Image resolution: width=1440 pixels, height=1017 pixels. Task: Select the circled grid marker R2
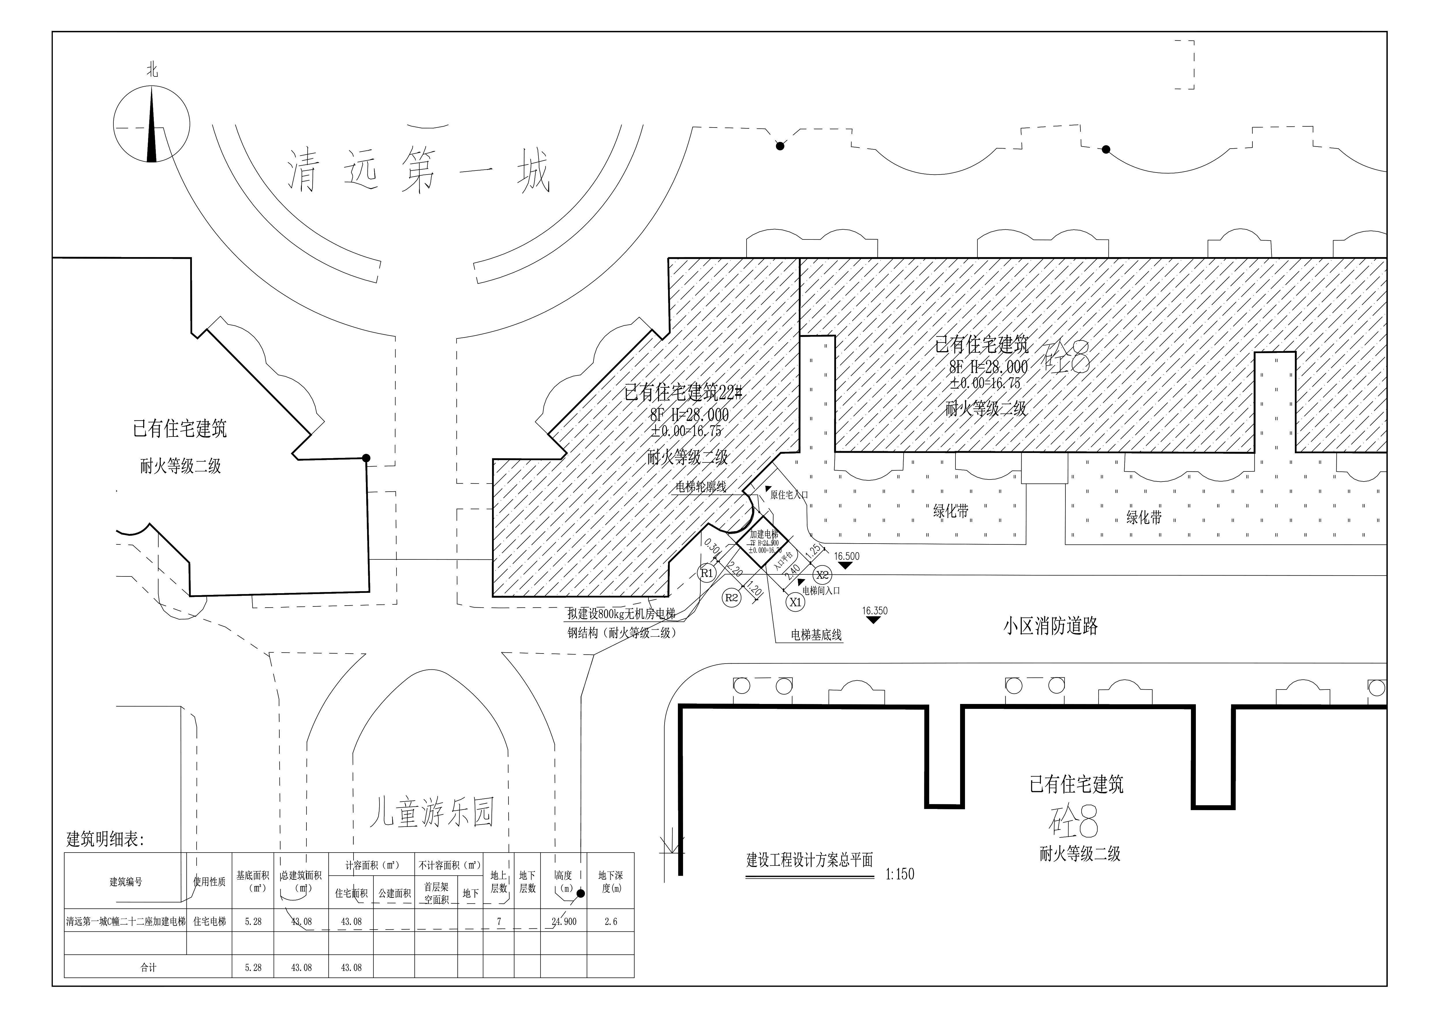pyautogui.click(x=731, y=598)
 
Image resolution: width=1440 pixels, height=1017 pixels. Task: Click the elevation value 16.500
pyautogui.click(x=847, y=556)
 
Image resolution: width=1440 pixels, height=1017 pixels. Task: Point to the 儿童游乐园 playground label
pyautogui.click(x=431, y=812)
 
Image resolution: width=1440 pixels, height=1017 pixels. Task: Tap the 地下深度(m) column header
pyautogui.click(x=610, y=882)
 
